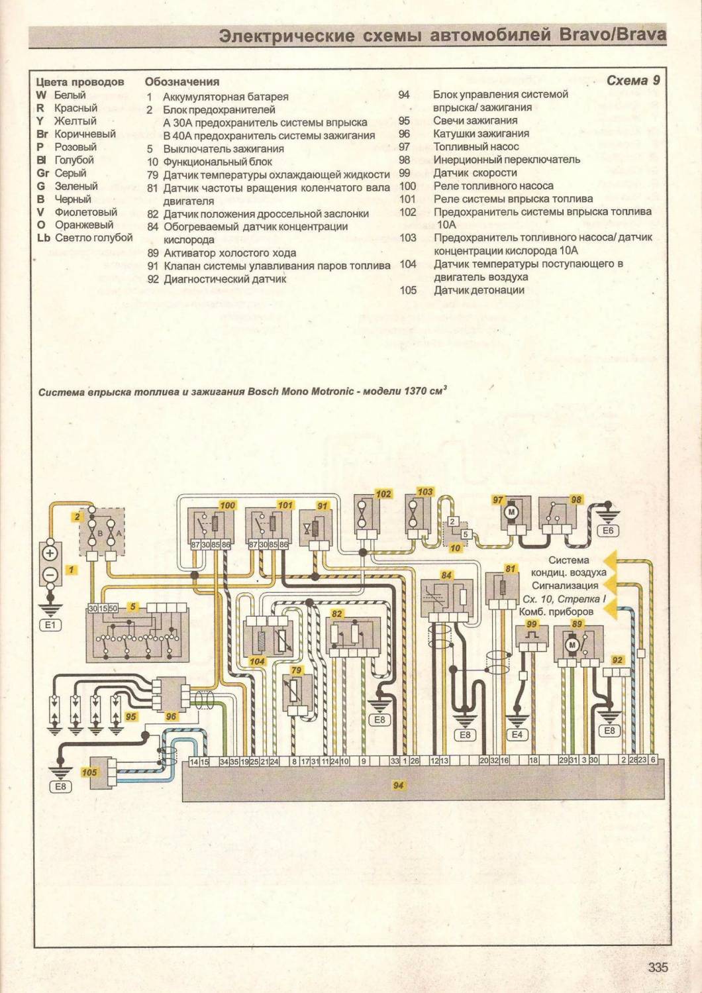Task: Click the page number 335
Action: click(x=658, y=967)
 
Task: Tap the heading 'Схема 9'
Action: click(x=633, y=80)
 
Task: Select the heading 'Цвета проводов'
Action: click(x=79, y=82)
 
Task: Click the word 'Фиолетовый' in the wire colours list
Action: click(x=85, y=212)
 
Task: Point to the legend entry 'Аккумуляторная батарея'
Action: click(x=225, y=97)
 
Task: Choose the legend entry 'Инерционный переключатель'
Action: click(x=507, y=160)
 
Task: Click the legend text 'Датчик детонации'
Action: click(x=479, y=290)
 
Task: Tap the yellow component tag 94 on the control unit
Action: click(x=398, y=785)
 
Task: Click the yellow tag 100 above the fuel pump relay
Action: click(x=227, y=505)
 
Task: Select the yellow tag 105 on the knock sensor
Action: click(x=89, y=772)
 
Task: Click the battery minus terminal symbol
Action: click(x=51, y=574)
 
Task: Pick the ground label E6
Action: click(x=607, y=531)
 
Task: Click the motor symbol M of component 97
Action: click(x=511, y=512)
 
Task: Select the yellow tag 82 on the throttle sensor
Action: click(x=336, y=614)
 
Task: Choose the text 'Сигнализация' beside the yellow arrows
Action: click(x=565, y=586)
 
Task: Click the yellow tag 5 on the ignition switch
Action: click(x=132, y=606)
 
